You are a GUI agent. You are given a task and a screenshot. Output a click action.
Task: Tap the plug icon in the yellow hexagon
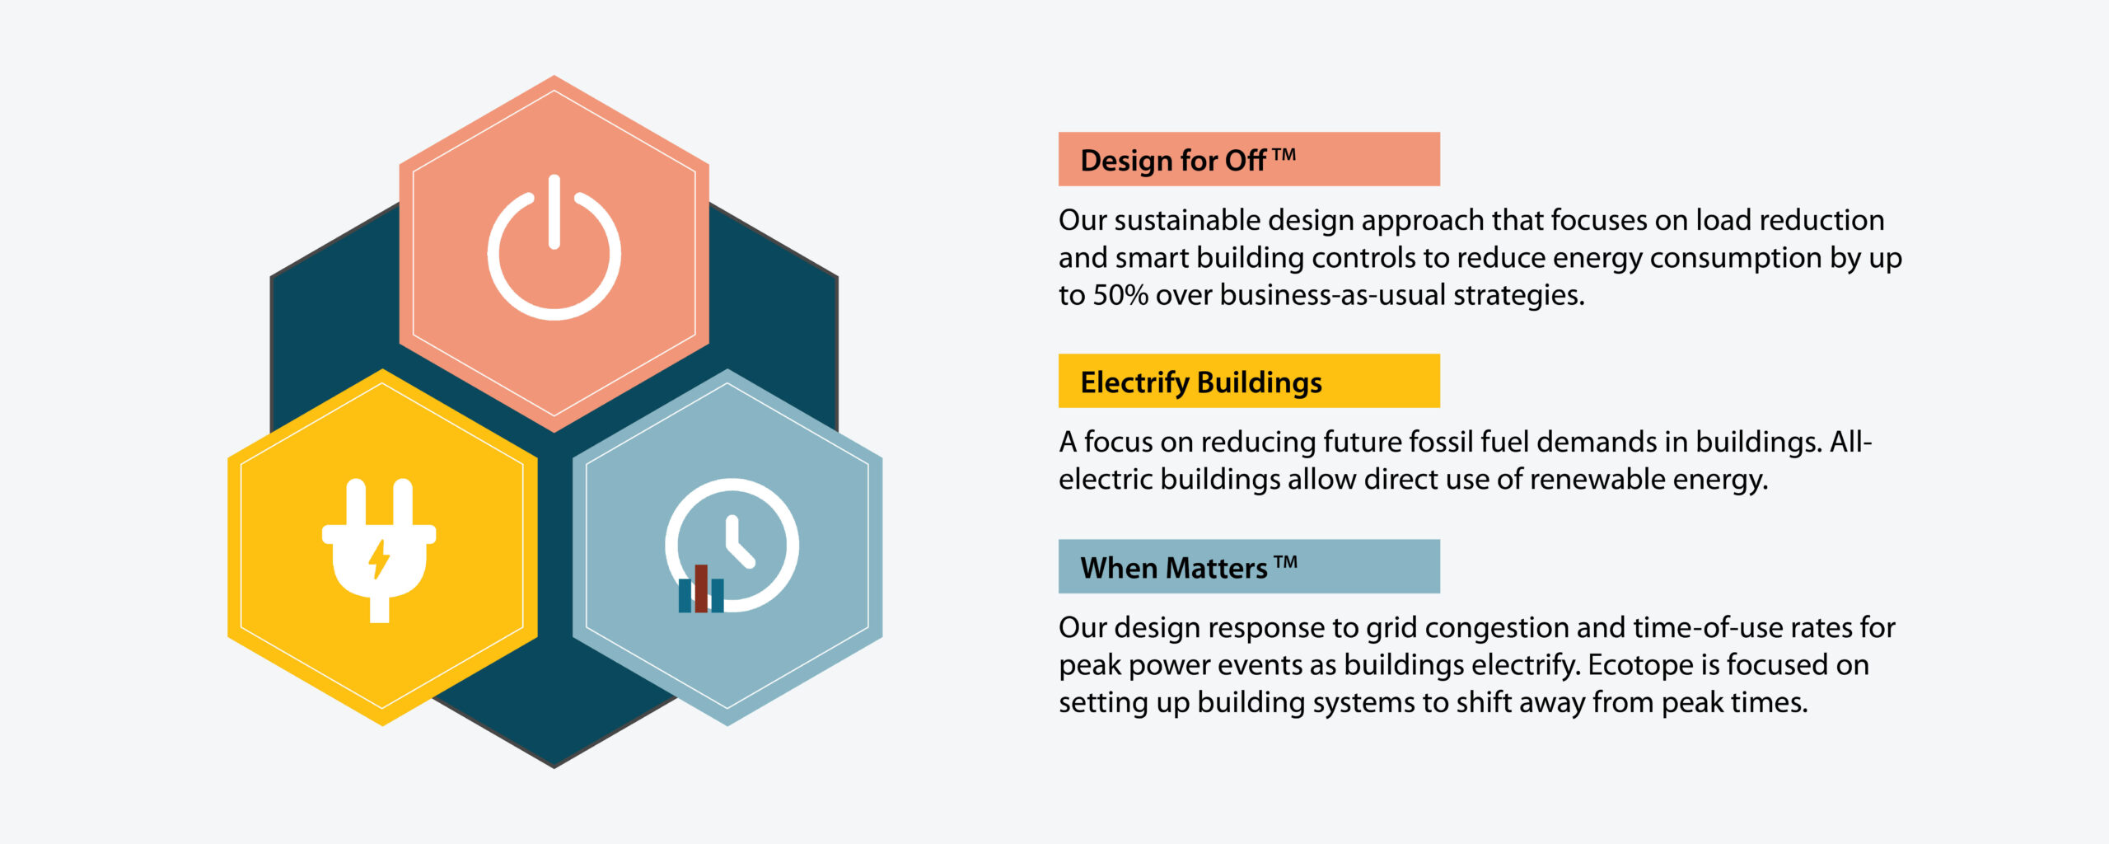[379, 551]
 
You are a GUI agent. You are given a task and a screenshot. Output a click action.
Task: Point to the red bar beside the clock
[701, 588]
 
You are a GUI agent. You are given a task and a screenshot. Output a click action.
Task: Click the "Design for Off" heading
[1173, 161]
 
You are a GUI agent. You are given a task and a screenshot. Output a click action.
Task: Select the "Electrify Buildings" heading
[1201, 382]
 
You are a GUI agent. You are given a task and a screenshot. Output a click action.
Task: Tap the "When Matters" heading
[1174, 568]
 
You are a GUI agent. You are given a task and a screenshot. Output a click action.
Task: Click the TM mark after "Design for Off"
[1284, 154]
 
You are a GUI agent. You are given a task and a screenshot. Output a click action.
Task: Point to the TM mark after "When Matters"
[1286, 562]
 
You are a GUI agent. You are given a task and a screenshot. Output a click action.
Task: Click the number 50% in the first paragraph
[1120, 295]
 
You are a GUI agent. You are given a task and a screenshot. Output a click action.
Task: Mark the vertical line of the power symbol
[554, 211]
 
